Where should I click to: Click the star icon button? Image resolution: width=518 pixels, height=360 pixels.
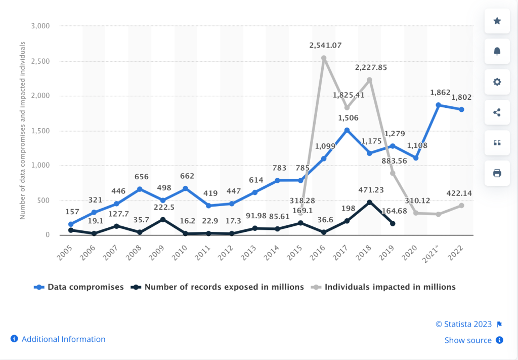click(x=497, y=21)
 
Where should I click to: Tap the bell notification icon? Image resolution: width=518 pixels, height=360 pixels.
click(x=497, y=51)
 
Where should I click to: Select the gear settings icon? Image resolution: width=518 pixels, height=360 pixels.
click(x=497, y=82)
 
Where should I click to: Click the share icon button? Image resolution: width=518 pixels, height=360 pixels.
click(x=497, y=112)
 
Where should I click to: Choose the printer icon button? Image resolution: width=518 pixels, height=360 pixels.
click(x=497, y=173)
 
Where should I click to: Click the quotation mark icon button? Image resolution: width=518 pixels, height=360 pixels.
click(x=497, y=143)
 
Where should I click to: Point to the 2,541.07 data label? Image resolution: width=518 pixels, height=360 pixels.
click(x=325, y=46)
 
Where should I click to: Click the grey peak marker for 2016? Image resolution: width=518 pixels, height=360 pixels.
click(x=324, y=58)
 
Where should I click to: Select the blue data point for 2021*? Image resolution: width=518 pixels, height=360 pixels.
click(x=439, y=105)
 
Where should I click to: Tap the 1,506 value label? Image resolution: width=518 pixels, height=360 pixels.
click(x=347, y=118)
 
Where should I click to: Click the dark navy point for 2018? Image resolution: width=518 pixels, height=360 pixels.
click(x=370, y=202)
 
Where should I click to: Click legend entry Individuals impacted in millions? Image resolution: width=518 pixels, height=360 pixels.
click(x=390, y=287)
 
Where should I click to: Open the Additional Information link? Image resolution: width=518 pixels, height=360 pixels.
click(x=63, y=339)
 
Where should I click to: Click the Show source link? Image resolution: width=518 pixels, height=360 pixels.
click(x=468, y=340)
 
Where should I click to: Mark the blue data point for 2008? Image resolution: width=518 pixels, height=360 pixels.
click(x=140, y=189)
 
